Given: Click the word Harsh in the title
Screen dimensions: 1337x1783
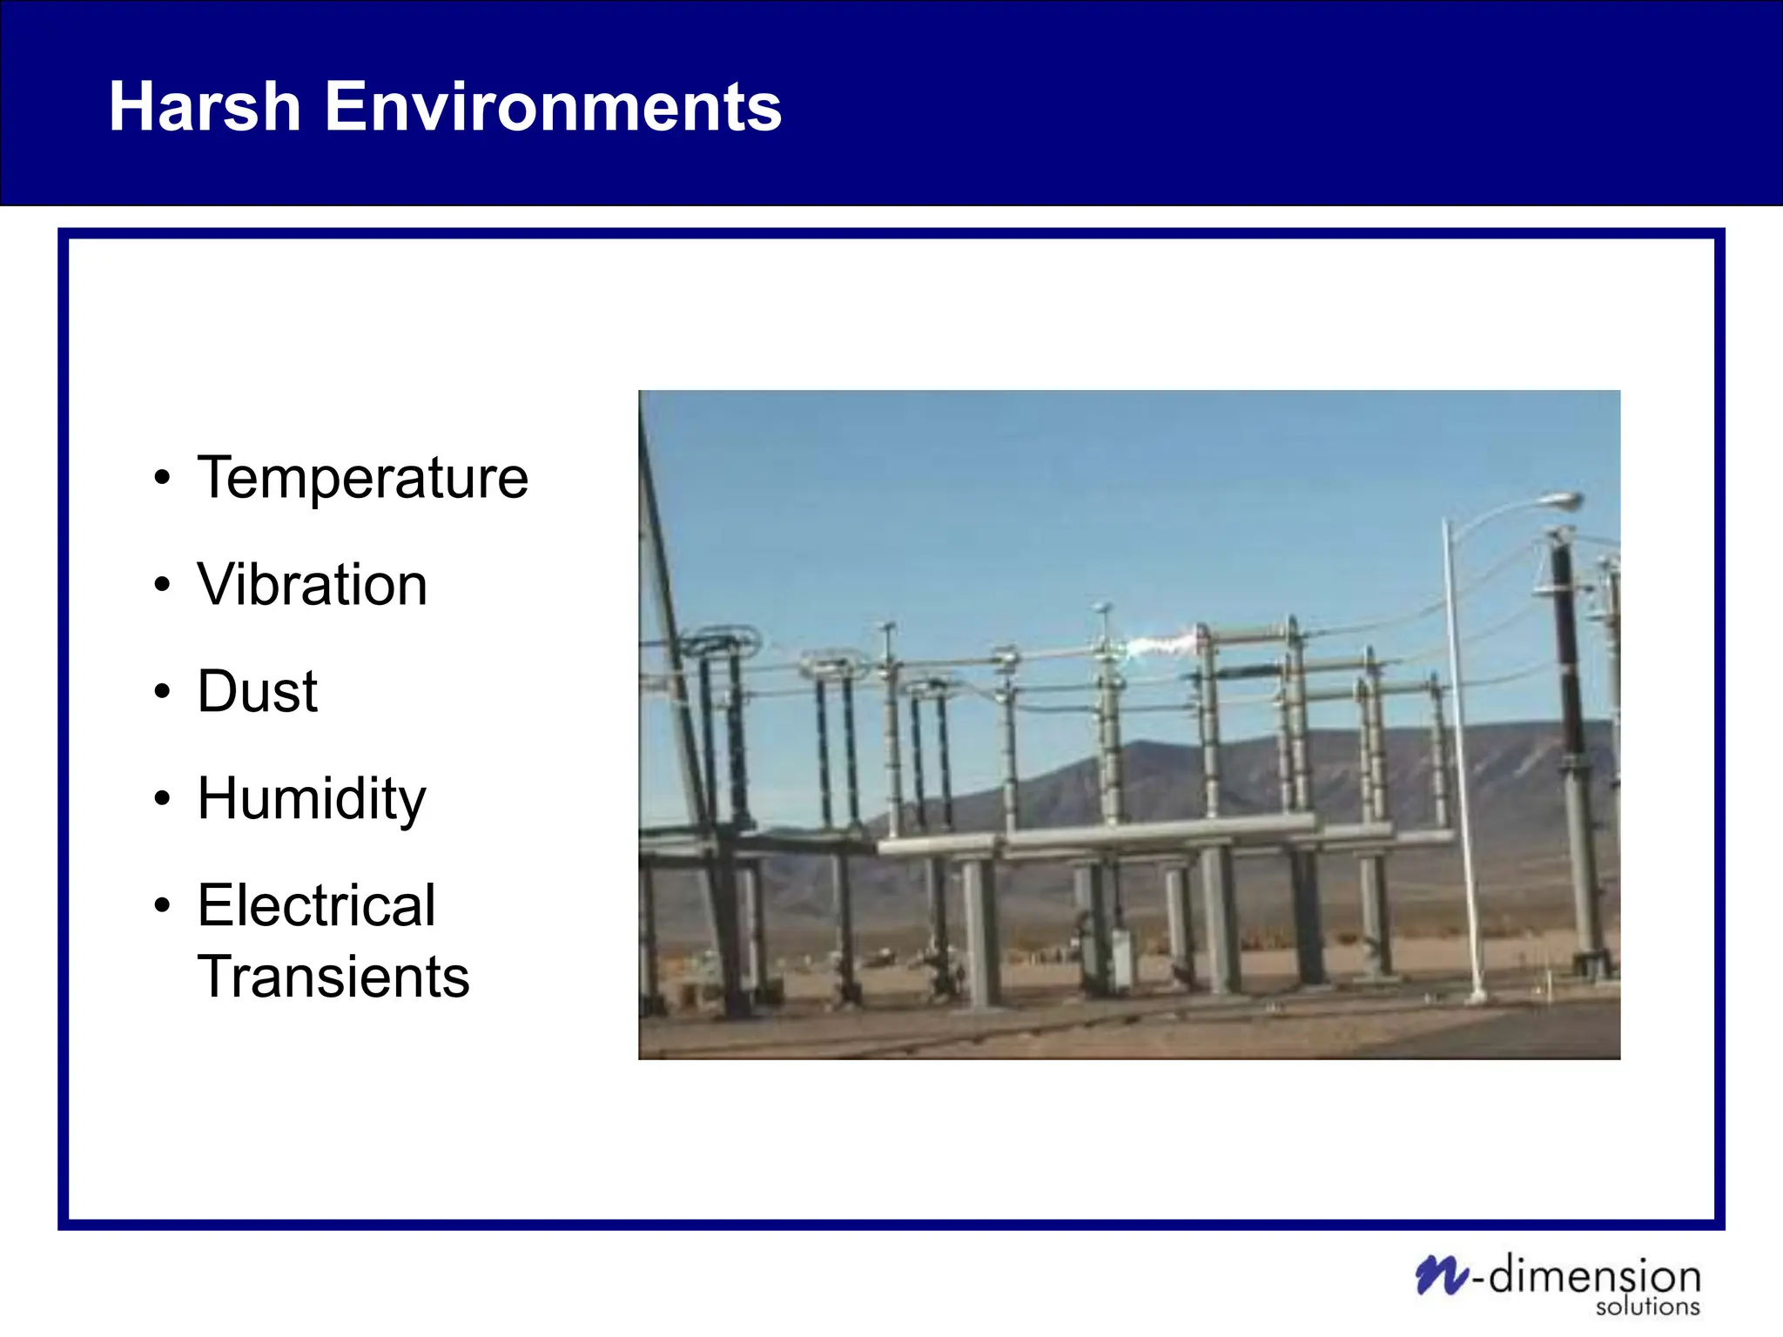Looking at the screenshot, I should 205,106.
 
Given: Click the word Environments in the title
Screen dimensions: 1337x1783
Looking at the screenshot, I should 553,106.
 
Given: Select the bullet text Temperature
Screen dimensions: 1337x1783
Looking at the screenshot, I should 362,478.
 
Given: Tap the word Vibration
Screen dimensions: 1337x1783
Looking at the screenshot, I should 312,584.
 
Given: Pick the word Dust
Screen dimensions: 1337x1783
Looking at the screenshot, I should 257,691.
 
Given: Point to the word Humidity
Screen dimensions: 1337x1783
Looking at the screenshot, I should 312,798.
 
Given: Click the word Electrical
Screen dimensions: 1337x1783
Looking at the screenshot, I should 316,905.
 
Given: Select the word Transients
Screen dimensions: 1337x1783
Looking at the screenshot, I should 333,977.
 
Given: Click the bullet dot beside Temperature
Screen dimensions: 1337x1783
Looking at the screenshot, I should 162,479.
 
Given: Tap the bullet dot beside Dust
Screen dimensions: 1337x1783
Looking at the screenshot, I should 162,692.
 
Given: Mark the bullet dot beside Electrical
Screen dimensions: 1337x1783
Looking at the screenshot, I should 162,906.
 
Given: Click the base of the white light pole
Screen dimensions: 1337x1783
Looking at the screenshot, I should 1476,995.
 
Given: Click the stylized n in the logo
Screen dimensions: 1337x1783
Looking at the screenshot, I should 1441,1275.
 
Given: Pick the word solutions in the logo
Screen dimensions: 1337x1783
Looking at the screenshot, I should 1647,1307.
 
